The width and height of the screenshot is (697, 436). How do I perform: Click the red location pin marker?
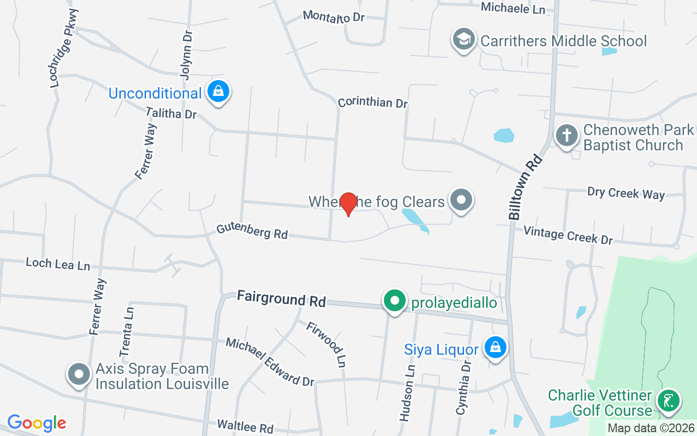(348, 204)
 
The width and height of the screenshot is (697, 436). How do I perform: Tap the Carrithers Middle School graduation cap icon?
(463, 40)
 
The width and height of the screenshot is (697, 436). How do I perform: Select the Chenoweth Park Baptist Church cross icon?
(566, 135)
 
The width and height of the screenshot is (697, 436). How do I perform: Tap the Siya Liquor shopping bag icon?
(495, 347)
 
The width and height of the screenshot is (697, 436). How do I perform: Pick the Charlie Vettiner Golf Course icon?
(668, 401)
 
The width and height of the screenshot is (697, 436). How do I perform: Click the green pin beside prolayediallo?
(395, 301)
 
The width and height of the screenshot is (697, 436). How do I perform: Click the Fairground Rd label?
(281, 299)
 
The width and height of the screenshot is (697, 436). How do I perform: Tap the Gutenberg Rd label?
(252, 231)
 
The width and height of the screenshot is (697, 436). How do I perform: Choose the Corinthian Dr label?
(372, 102)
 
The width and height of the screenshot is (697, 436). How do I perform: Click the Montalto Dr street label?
(333, 16)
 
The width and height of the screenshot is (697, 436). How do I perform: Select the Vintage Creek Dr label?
(568, 235)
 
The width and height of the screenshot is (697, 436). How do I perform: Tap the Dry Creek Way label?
(626, 193)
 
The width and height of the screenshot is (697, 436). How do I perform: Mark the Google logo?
(36, 423)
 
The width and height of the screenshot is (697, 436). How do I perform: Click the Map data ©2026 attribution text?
(651, 428)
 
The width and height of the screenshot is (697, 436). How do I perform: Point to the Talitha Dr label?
(171, 113)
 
